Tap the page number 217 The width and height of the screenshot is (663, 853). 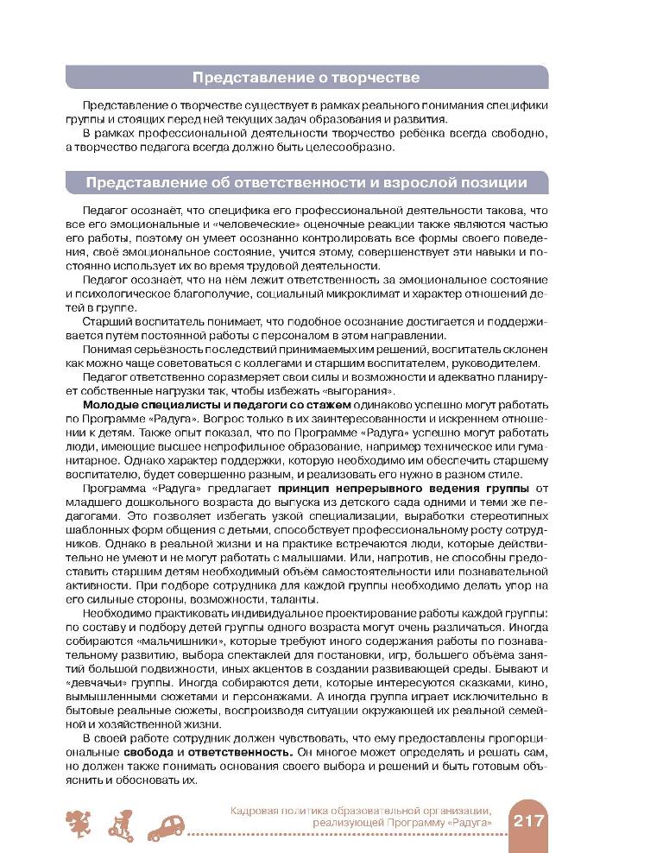tap(528, 819)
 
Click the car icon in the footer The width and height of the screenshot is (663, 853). tap(168, 828)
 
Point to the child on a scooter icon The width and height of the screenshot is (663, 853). tap(121, 825)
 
